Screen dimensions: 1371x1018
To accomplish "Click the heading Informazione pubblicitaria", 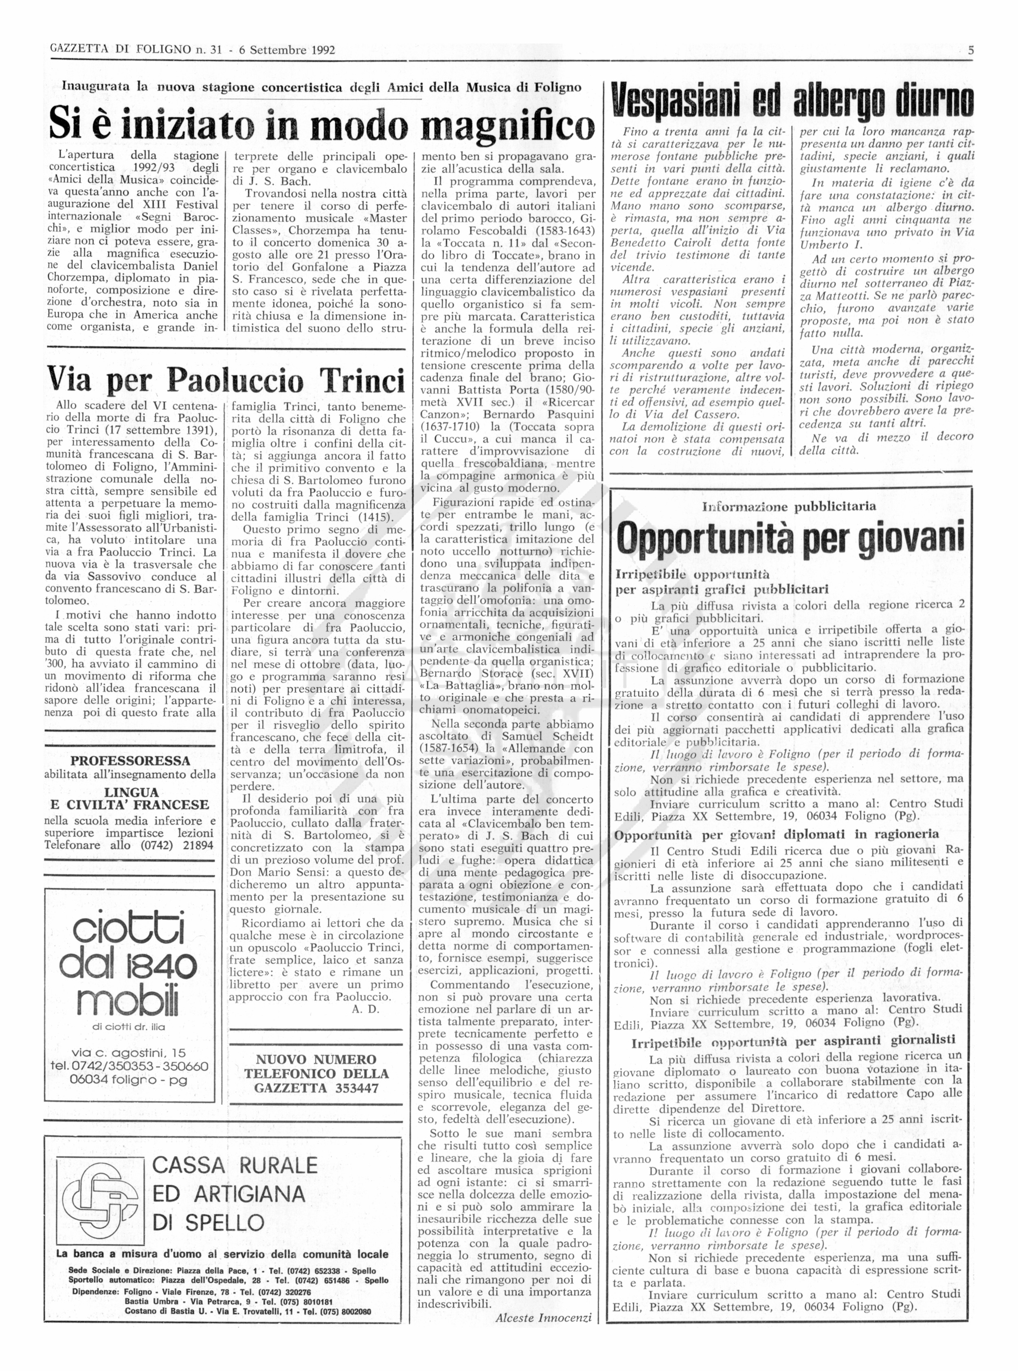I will (x=789, y=507).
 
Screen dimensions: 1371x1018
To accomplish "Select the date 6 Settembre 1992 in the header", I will (x=287, y=50).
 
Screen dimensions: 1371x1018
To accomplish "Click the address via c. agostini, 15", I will (x=128, y=1053).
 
